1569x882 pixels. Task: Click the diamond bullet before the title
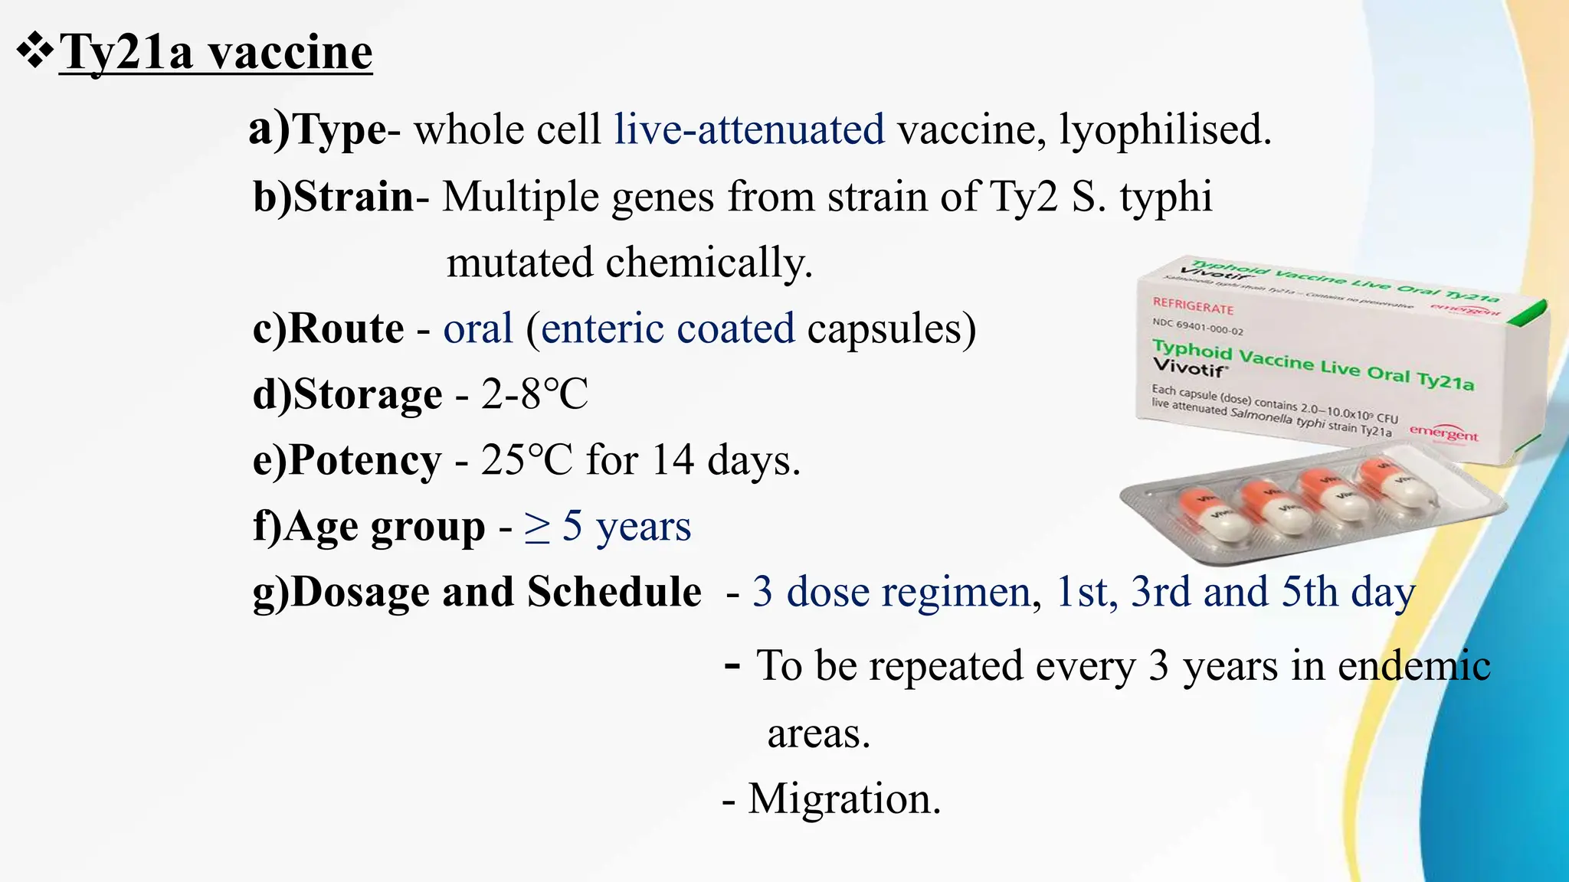coord(34,52)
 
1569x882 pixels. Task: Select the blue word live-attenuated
coord(749,129)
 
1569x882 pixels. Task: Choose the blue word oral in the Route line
coord(478,328)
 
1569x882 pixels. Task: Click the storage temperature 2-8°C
coord(534,394)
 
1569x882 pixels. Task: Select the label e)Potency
coord(347,460)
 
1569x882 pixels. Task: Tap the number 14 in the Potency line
coord(673,460)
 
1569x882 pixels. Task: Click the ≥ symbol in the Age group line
coord(537,528)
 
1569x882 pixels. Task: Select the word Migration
coord(843,799)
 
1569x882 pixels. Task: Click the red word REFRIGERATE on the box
coord(1193,306)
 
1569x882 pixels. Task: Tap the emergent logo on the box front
coord(1443,433)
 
